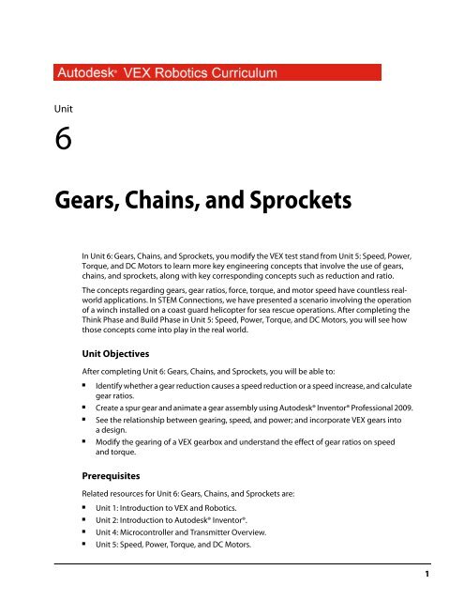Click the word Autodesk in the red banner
click(91, 71)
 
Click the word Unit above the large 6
click(66, 109)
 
